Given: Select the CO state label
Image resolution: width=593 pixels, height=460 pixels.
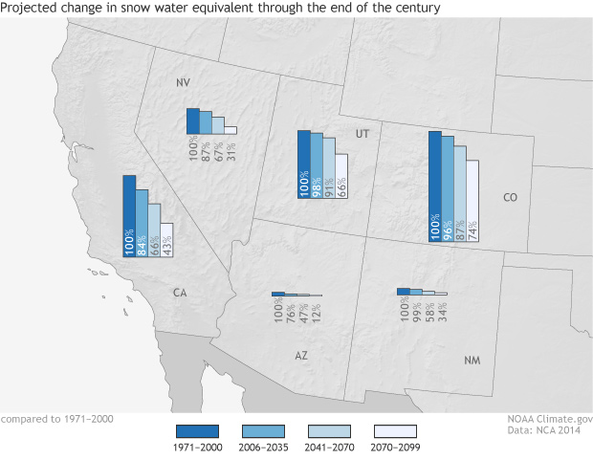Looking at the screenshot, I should click(509, 198).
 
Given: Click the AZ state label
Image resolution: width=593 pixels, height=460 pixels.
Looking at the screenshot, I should click(301, 355).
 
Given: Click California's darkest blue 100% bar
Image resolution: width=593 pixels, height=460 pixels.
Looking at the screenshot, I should click(129, 215).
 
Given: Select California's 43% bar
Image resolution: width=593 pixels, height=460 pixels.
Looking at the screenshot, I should click(166, 238).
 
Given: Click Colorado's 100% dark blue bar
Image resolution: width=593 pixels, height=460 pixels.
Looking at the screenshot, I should click(435, 186).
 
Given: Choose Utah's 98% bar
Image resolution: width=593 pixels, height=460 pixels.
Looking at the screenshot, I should click(317, 164).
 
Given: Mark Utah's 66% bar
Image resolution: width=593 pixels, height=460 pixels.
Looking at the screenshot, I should click(341, 176).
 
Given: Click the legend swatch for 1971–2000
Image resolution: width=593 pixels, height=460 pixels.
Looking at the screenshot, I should click(198, 430).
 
